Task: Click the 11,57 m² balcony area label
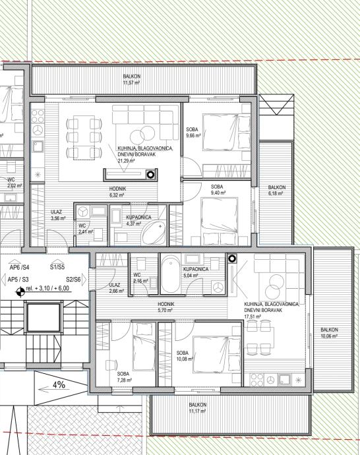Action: coord(132,80)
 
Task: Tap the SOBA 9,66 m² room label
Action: coord(193,133)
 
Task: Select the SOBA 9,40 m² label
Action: coord(218,190)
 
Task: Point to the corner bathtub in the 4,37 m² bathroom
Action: coord(154,233)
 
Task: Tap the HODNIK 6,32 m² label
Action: coord(117,192)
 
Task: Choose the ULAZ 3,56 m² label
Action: coord(58,215)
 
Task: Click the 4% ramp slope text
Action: coord(59,385)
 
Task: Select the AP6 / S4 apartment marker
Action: coord(19,267)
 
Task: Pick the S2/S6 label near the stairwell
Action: coord(73,280)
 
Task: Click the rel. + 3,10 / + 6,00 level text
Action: coord(47,288)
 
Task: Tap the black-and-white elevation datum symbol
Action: coord(20,291)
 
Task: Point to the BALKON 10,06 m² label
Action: coord(329,333)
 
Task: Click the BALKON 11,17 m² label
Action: coord(198,408)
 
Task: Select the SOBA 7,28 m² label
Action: coord(124,377)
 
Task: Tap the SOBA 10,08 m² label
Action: coord(185,356)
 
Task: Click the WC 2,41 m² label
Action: coord(86,229)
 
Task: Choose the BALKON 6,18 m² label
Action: coord(277,191)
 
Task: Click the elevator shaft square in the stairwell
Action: coord(44,317)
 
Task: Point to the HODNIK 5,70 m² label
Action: coord(165,307)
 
